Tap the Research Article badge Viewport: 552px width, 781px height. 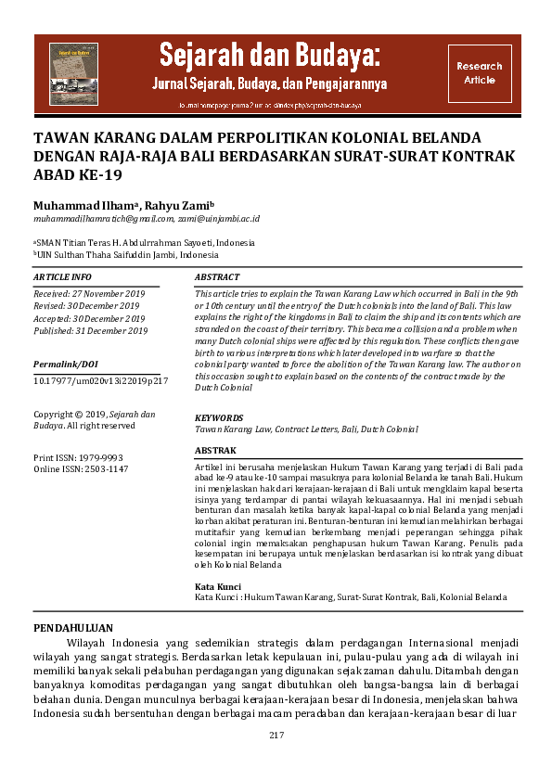point(480,73)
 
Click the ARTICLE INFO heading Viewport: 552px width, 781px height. point(62,277)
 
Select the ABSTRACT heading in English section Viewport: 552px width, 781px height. point(218,277)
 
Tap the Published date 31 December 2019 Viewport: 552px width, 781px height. point(91,330)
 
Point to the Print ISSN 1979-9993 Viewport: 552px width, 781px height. point(80,458)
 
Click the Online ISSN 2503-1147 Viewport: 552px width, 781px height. point(81,469)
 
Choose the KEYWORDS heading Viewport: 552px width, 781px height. point(219,418)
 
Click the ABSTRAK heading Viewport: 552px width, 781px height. point(216,449)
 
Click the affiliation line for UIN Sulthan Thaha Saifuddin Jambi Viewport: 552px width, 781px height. point(128,254)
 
